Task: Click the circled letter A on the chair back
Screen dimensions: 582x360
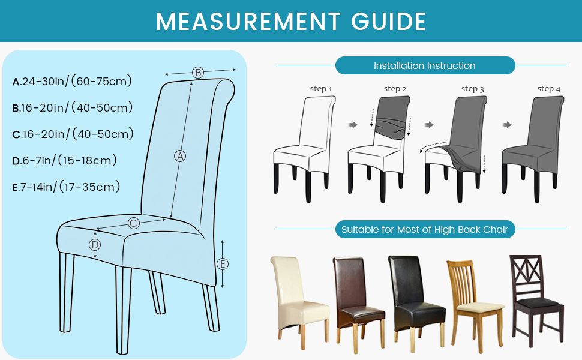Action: tap(180, 156)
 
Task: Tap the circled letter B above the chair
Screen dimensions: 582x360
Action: tap(198, 73)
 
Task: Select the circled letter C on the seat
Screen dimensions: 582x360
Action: tap(134, 223)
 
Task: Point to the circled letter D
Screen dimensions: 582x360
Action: tap(95, 245)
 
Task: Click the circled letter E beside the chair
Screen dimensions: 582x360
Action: tap(223, 264)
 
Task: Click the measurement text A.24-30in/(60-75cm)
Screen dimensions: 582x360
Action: tap(72, 81)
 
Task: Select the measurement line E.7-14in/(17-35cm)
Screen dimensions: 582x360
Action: tap(66, 187)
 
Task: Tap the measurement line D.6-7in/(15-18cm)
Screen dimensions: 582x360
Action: tap(65, 160)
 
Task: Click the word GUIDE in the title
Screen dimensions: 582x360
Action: tap(389, 22)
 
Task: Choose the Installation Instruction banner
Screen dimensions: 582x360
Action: tap(425, 65)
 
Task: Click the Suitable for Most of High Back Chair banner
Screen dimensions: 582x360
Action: tap(425, 229)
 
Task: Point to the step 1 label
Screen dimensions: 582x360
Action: tap(320, 89)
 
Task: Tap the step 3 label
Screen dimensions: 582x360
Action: tap(473, 89)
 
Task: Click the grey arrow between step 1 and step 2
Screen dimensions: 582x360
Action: tap(353, 125)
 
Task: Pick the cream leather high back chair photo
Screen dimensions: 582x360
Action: tap(300, 302)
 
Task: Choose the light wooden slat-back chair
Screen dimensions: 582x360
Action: tap(475, 306)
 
